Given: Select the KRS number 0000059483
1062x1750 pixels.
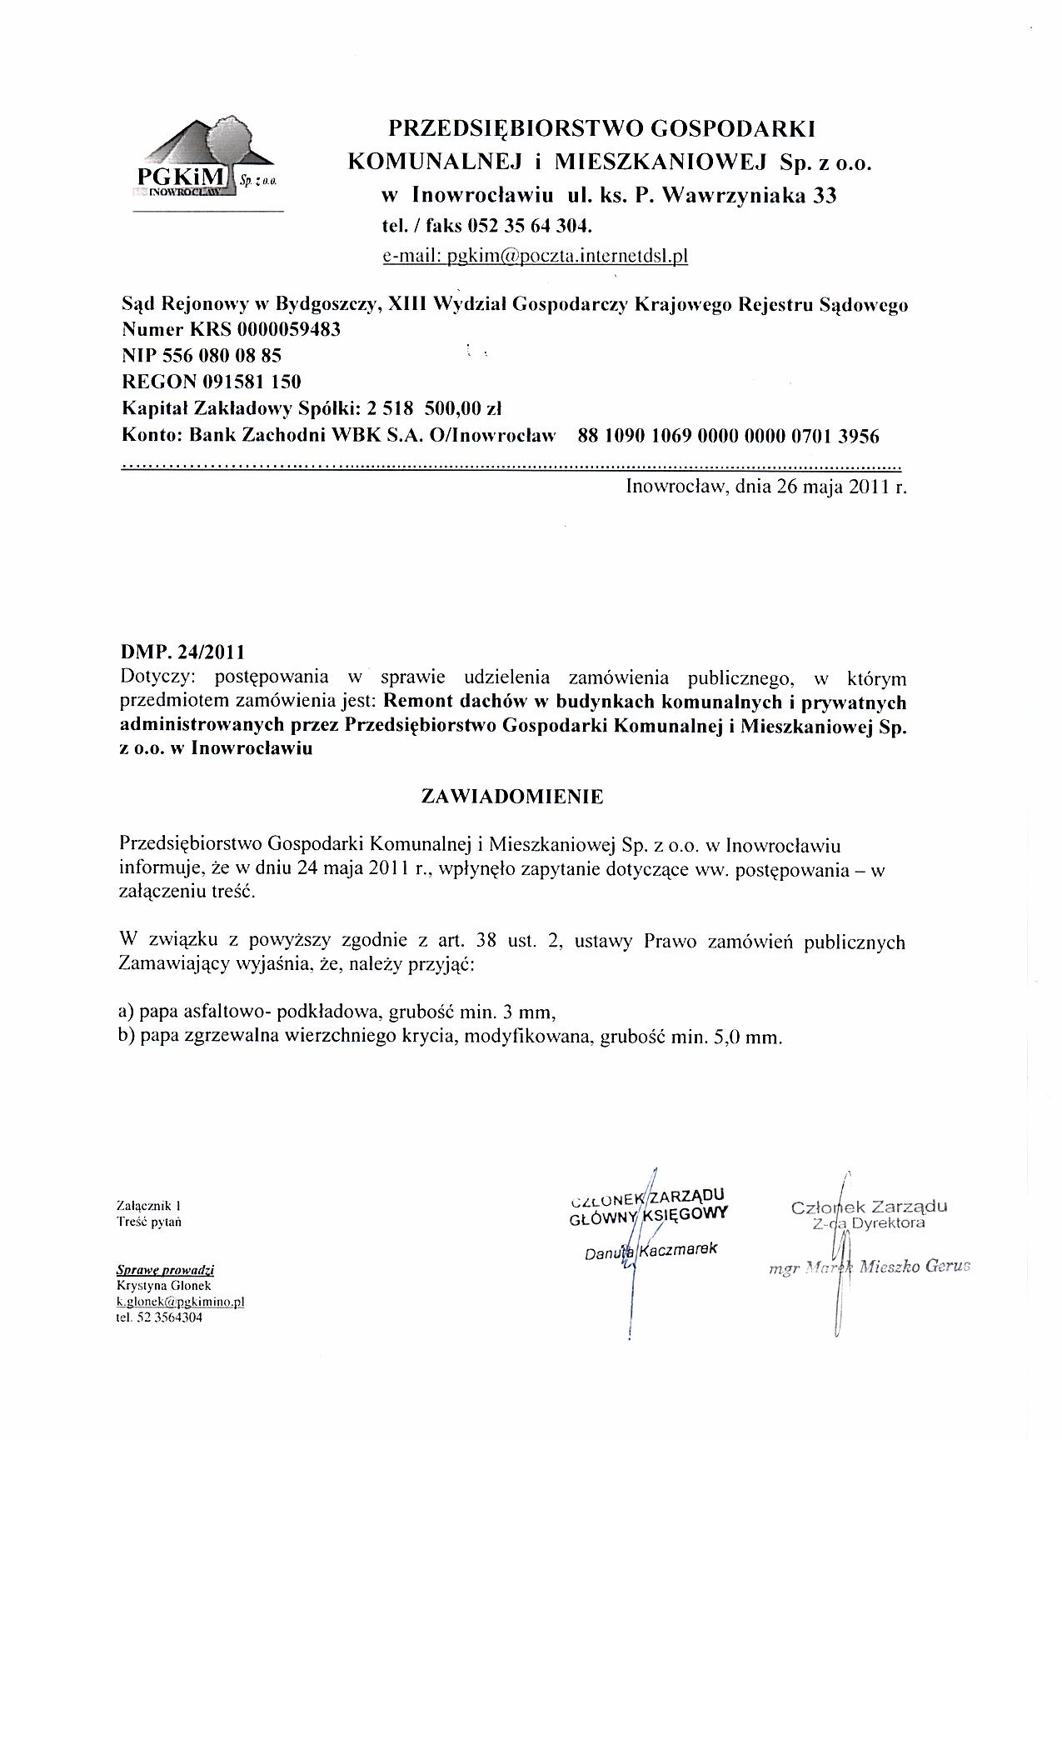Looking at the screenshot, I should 288,329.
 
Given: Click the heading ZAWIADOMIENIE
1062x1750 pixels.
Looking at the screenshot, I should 512,796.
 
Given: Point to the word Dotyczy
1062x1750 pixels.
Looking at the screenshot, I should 155,677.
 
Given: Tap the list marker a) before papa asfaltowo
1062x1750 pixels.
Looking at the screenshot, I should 127,1012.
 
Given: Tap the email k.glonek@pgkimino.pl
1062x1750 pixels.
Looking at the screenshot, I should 180,1301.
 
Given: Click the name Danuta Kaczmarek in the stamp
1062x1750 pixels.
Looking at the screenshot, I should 651,1251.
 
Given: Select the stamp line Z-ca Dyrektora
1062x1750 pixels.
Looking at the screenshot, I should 869,1223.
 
